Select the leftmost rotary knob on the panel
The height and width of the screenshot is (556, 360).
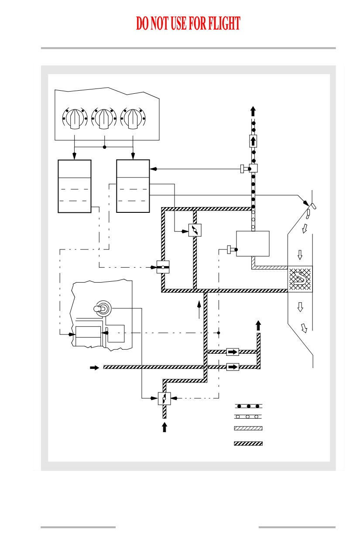[x=75, y=119]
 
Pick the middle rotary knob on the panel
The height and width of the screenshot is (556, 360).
[x=104, y=119]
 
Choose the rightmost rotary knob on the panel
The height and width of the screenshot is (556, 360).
[x=133, y=119]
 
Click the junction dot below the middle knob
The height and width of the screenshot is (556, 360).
[x=105, y=147]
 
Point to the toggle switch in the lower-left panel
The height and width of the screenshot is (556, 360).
[x=103, y=309]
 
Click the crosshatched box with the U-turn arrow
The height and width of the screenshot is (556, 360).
[x=300, y=279]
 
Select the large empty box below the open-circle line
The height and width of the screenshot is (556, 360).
[x=253, y=243]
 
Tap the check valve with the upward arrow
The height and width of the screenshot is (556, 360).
[x=253, y=141]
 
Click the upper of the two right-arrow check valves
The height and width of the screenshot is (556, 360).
[x=233, y=352]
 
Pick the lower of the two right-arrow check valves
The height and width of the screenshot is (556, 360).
[x=233, y=367]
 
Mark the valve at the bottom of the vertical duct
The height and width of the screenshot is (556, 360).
[x=164, y=399]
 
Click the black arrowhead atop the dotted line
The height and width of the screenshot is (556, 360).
[x=253, y=111]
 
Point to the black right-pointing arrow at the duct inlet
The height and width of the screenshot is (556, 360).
[x=94, y=367]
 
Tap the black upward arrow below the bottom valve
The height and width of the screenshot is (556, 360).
[x=164, y=427]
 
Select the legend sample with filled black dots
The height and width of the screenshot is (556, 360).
[x=248, y=406]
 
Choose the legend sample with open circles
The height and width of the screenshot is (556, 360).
[x=248, y=416]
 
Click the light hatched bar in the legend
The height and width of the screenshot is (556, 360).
[x=248, y=428]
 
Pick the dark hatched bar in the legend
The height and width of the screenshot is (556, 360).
[x=248, y=443]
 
